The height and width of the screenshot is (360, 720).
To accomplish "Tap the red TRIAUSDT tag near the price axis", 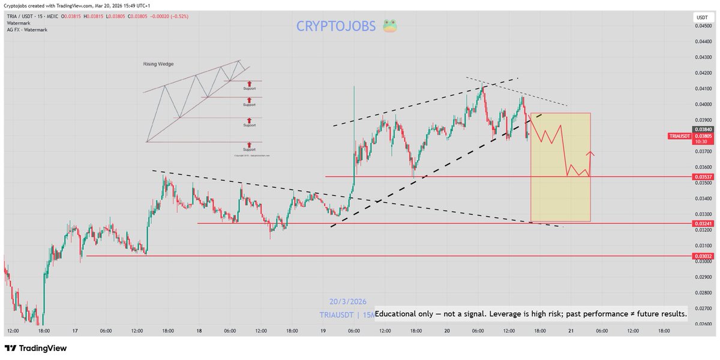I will [x=679, y=136].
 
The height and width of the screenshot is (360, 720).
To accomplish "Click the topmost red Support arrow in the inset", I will [x=250, y=83].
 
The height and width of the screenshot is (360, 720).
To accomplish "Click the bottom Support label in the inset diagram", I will [x=250, y=150].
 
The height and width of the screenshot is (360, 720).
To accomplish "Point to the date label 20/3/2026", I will [x=347, y=301].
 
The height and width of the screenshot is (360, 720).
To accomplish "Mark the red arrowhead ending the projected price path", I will [x=592, y=153].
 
